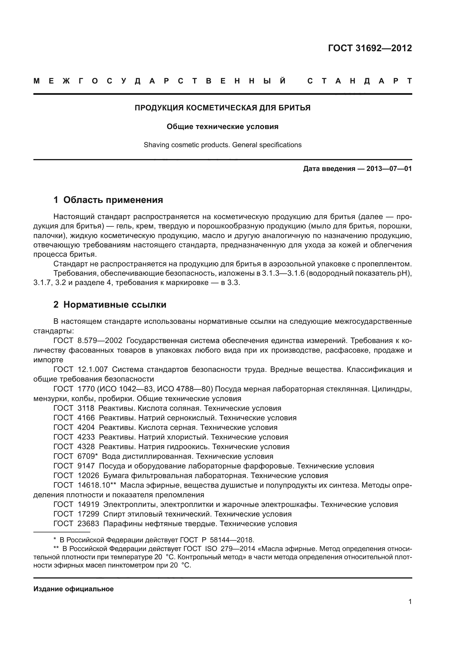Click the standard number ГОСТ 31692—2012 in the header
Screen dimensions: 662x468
pos(370,48)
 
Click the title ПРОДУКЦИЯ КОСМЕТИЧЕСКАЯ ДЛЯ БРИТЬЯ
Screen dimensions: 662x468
pos(222,108)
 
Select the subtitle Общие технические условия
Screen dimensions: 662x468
pos(222,127)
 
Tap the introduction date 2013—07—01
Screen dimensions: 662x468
pos(389,169)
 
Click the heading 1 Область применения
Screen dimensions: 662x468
pos(108,200)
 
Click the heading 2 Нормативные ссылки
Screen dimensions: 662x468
pos(110,305)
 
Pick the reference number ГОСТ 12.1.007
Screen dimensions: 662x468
pos(80,370)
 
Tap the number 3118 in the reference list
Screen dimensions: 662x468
pos(86,408)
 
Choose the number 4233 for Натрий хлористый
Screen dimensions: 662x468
pos(86,437)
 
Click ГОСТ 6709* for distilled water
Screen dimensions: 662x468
pos(76,457)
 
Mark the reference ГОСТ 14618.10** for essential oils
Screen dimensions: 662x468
pos(85,485)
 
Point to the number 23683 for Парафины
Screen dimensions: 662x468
pos(88,524)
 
